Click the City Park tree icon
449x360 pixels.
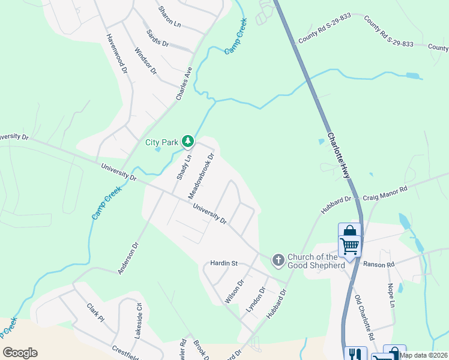188,142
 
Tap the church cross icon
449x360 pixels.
278,260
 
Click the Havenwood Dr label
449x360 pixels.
118,53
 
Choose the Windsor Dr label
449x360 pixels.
145,61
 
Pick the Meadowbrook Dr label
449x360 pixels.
202,176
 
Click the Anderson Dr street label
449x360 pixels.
128,259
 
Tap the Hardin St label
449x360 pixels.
224,263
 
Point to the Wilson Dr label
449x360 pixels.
234,291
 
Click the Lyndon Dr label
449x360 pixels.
256,299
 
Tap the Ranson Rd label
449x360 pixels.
379,263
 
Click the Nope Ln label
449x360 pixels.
391,296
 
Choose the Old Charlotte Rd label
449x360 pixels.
364,316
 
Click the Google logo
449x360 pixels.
20,353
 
